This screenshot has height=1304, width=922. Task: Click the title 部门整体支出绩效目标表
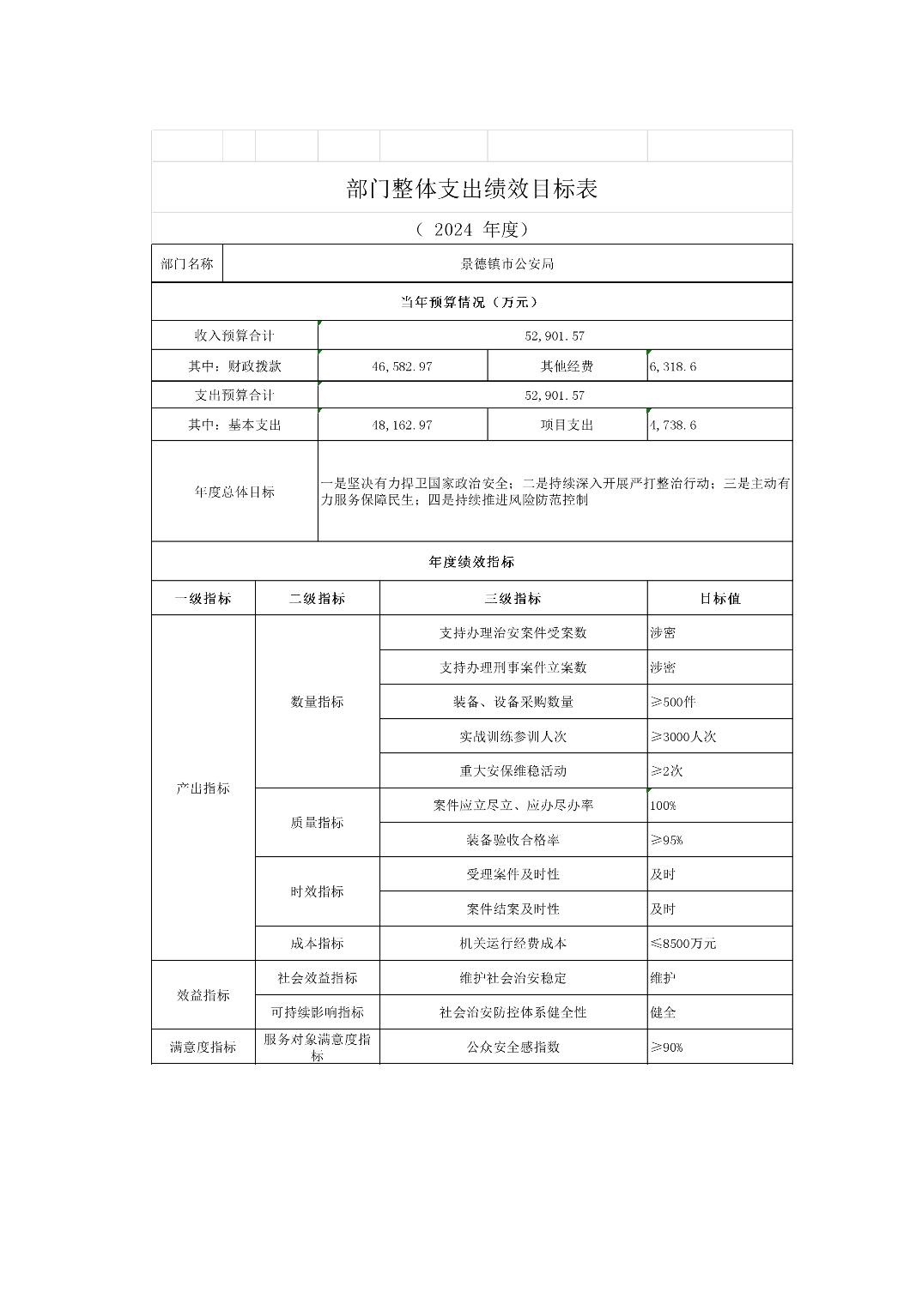(471, 189)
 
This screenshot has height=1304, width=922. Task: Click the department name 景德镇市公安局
(506, 264)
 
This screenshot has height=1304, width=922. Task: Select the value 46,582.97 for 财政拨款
(402, 366)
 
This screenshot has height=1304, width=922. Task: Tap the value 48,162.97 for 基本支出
(402, 425)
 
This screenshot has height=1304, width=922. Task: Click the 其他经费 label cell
(567, 366)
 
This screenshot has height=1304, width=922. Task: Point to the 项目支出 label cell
(567, 425)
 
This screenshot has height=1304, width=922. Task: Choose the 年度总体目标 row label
(234, 492)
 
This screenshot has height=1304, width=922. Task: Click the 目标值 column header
(719, 599)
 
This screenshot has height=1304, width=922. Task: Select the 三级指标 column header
(513, 599)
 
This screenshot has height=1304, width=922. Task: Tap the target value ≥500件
(674, 702)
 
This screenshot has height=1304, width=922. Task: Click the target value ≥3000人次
(683, 736)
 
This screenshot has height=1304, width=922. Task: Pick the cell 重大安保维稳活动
(513, 770)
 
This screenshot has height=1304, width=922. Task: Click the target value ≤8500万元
(683, 943)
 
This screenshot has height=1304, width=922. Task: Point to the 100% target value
(664, 806)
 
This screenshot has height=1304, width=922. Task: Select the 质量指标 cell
(317, 822)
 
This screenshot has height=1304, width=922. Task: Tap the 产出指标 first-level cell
(203, 788)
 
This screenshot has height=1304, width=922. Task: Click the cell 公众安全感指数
(513, 1047)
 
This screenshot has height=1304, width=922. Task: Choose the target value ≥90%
(667, 1047)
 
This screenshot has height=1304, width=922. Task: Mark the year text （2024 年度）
(471, 229)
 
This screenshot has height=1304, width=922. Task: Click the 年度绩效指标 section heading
(471, 562)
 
